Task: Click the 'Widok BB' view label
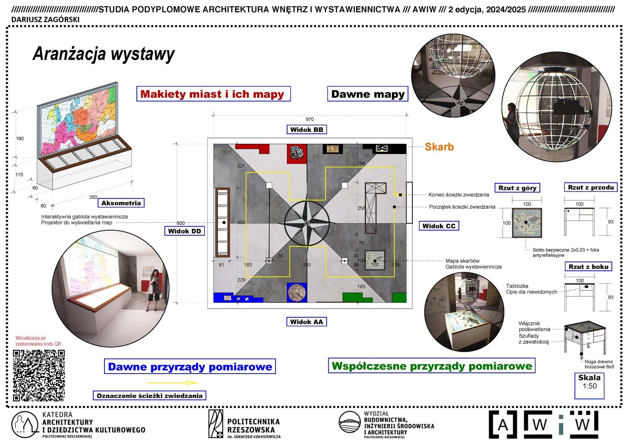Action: [x=306, y=130]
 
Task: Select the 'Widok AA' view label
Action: [x=306, y=322]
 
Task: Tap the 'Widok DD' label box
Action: [x=184, y=231]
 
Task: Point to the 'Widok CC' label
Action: [x=439, y=226]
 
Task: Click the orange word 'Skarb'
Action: [x=439, y=147]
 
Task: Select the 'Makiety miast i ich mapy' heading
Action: [x=213, y=94]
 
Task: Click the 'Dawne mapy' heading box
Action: [x=367, y=94]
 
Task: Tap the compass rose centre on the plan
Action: [x=307, y=223]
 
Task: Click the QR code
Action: [x=39, y=375]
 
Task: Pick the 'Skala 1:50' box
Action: [x=589, y=386]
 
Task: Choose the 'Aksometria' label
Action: [x=121, y=203]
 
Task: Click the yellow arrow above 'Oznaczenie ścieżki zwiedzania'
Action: [x=172, y=383]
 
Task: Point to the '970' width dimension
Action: [x=309, y=119]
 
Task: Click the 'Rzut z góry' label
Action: [x=517, y=188]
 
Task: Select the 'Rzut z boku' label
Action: [x=588, y=267]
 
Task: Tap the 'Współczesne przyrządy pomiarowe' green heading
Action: [x=432, y=366]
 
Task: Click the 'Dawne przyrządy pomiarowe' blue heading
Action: [x=190, y=367]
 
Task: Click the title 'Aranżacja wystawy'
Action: [x=104, y=54]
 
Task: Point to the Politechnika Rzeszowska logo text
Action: [x=254, y=426]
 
